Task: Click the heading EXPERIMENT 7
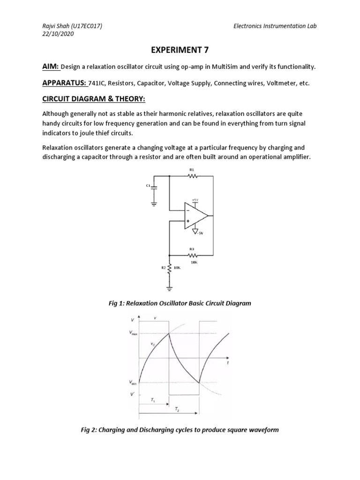tap(179, 51)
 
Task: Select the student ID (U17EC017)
tap(85, 26)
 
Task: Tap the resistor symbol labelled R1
tap(193, 176)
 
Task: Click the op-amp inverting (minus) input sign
tap(188, 210)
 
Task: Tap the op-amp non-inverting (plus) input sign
tap(188, 221)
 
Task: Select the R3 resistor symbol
tap(193, 255)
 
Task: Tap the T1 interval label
tap(153, 400)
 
